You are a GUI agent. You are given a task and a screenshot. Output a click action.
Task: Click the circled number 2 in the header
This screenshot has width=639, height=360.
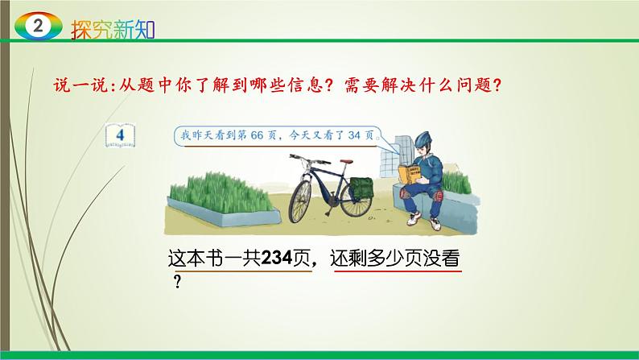(x=35, y=27)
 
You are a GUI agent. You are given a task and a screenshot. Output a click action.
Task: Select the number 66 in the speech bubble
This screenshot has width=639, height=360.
(x=266, y=134)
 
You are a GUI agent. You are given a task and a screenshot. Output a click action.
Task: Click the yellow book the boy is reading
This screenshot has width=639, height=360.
(x=419, y=173)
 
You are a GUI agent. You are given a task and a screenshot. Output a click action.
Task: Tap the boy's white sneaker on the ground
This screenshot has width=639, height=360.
(x=411, y=219)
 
